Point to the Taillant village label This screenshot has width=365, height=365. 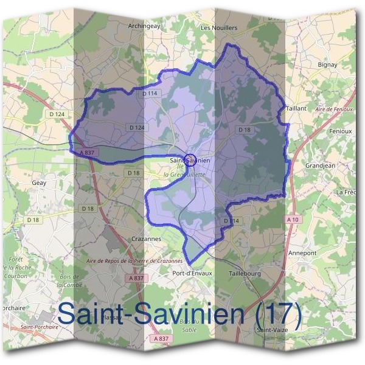[x=296, y=107]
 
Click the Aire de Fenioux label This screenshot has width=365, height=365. [x=335, y=109]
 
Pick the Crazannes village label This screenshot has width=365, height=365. [x=146, y=239]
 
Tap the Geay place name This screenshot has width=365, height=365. [x=38, y=182]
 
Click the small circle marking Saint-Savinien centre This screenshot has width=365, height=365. [x=190, y=160]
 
